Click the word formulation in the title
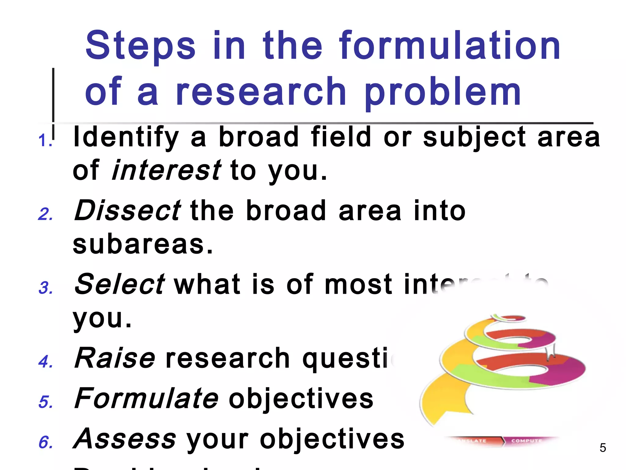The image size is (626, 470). (x=449, y=46)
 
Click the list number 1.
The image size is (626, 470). (x=44, y=141)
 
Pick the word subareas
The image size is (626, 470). (x=142, y=244)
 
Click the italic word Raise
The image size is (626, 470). (x=115, y=358)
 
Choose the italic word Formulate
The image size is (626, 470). (x=146, y=398)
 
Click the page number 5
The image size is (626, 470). (x=602, y=448)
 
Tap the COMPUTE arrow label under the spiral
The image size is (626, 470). (x=526, y=441)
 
